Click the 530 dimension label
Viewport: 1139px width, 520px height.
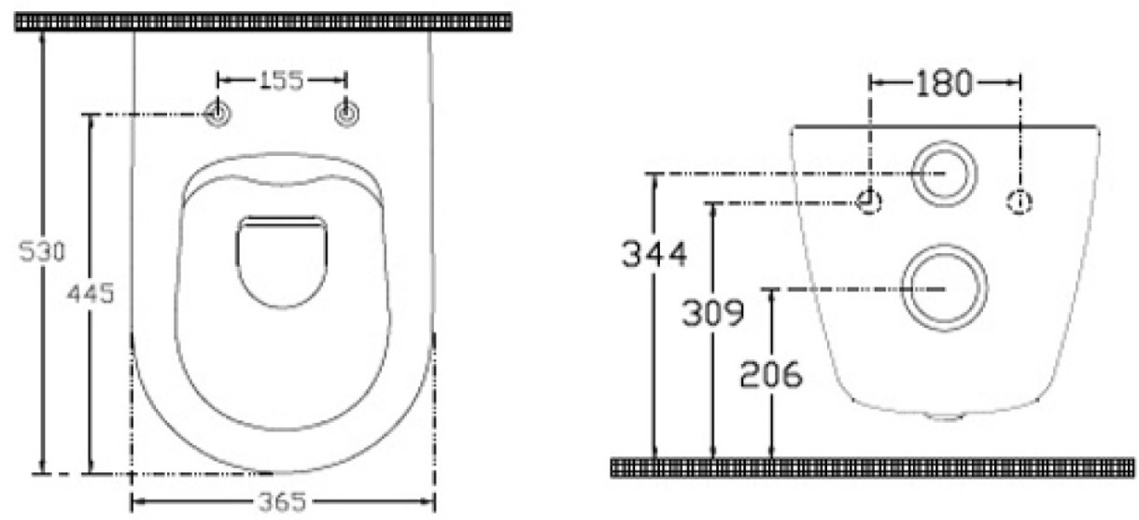[42, 252]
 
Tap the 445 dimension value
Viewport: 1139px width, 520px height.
[91, 293]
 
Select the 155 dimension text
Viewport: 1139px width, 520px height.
[281, 80]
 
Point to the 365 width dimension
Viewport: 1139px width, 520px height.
[282, 501]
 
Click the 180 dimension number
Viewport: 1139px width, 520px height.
[944, 83]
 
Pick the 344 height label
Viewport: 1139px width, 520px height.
[654, 253]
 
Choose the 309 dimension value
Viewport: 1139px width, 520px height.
[713, 312]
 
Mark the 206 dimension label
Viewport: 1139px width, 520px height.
[771, 374]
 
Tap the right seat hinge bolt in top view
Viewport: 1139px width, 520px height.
[346, 113]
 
